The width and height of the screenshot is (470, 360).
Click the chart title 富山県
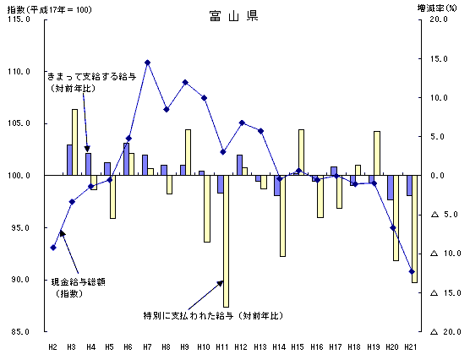[233, 16]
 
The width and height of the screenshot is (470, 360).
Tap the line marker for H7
[147, 63]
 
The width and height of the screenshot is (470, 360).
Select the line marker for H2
[53, 248]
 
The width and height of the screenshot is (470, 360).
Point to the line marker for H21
[412, 271]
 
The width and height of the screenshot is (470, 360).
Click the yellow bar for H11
[226, 241]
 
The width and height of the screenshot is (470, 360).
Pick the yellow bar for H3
[74, 142]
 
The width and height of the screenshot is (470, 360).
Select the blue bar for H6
[126, 159]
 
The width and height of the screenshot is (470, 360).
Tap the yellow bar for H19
[377, 153]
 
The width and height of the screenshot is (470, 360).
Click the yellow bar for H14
[282, 215]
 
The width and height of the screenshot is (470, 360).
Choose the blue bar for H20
[391, 188]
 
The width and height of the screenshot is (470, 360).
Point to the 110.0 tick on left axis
[19, 72]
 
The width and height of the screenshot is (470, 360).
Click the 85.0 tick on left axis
[20, 332]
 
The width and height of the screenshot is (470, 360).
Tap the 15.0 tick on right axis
[439, 59]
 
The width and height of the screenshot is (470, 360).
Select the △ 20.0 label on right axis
[445, 332]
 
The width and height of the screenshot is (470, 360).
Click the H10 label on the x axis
[204, 347]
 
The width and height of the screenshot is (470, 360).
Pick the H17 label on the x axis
[335, 347]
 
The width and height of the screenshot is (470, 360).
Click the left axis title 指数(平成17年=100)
[50, 9]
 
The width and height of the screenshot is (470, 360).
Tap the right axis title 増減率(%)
[437, 8]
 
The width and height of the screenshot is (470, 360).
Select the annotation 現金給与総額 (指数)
[79, 288]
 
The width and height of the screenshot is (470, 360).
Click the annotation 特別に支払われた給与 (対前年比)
[213, 316]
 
